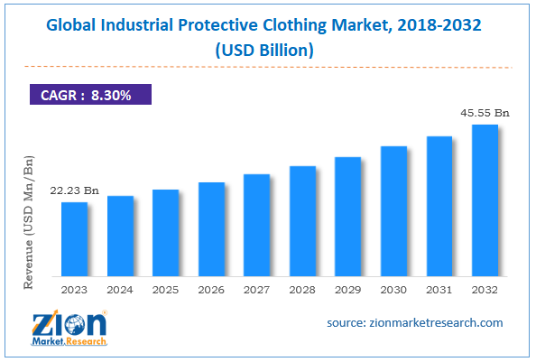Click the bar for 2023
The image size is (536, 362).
pyautogui.click(x=75, y=239)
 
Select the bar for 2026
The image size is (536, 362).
pyautogui.click(x=211, y=229)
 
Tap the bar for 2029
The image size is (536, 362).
pyautogui.click(x=348, y=217)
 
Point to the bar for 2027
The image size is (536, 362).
pyautogui.click(x=257, y=225)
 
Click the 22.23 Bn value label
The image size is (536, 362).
pyautogui.click(x=75, y=190)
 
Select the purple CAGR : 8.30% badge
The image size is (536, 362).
pyautogui.click(x=86, y=94)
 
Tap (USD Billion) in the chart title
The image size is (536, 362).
pyautogui.click(x=267, y=51)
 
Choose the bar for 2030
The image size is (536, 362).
pyautogui.click(x=393, y=211)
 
